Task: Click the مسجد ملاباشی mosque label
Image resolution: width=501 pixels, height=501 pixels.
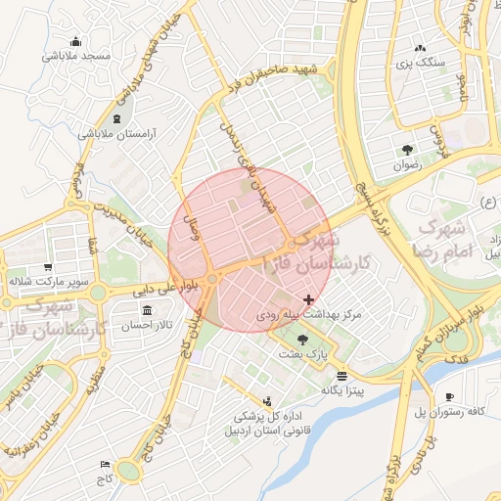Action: pyautogui.click(x=77, y=56)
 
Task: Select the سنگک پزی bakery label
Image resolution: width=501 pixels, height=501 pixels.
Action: pyautogui.click(x=420, y=63)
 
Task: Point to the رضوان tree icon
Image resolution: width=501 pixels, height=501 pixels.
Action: pyautogui.click(x=406, y=150)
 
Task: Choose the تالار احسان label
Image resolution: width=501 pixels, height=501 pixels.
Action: pyautogui.click(x=149, y=323)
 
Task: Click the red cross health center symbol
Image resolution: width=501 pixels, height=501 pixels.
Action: pyautogui.click(x=309, y=299)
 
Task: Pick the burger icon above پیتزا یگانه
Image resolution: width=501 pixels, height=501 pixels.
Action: pyautogui.click(x=341, y=375)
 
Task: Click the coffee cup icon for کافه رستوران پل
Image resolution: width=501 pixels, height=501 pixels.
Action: pyautogui.click(x=449, y=396)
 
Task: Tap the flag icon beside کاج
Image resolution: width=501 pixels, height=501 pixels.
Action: pyautogui.click(x=105, y=464)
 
